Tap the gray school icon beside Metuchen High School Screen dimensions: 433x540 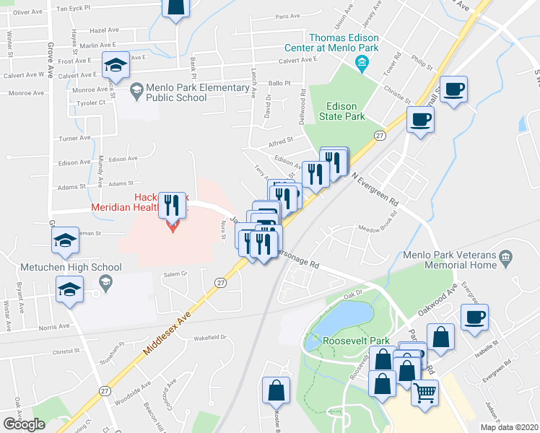click(x=106, y=283)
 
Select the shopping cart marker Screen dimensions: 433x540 click(x=424, y=392)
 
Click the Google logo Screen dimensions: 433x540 click(x=25, y=424)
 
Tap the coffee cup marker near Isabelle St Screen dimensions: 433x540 click(x=474, y=317)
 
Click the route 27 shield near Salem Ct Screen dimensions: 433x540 click(x=221, y=283)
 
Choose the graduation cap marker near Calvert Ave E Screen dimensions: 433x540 click(x=116, y=65)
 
